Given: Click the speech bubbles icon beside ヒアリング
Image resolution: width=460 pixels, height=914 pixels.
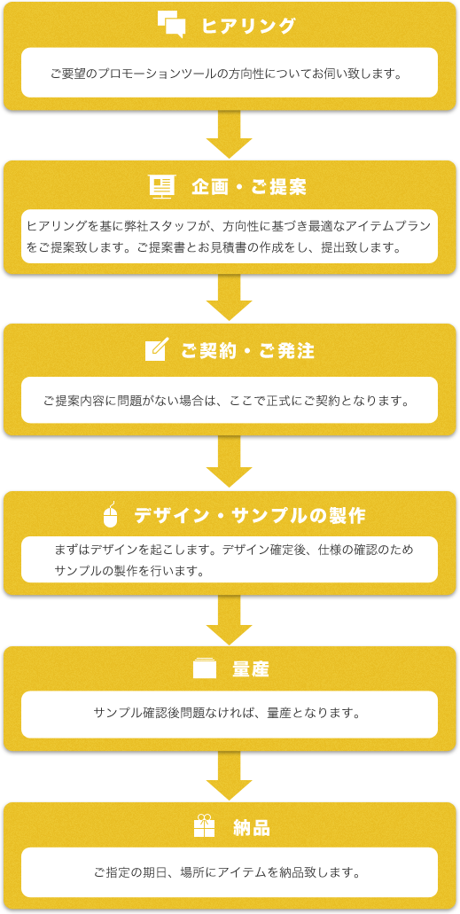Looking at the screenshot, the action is click(171, 25).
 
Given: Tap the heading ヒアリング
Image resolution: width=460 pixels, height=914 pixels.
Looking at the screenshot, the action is click(248, 27).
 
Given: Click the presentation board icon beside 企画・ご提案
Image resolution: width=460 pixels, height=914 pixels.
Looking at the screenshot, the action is click(162, 187).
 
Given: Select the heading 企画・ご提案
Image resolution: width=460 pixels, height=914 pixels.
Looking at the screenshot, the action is click(249, 187).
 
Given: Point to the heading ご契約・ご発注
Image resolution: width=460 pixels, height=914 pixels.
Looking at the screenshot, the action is click(248, 351).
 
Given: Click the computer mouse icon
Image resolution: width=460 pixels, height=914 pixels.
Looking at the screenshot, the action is click(110, 514).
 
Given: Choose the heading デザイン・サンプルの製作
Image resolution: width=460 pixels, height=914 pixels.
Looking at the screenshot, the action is click(250, 516).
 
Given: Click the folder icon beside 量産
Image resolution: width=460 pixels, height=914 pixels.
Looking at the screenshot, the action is click(204, 668).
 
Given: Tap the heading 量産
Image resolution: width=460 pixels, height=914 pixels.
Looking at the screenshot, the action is click(251, 669).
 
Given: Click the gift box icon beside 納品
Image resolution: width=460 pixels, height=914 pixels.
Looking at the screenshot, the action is click(204, 825).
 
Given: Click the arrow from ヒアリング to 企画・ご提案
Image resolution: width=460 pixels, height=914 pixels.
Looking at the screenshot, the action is click(230, 134).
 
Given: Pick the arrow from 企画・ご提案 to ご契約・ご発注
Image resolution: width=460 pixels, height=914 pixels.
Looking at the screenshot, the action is click(230, 297).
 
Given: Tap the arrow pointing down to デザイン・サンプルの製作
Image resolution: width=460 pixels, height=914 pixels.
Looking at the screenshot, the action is click(230, 462).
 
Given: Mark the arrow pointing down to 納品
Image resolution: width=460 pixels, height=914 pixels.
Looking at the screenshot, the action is click(230, 776).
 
